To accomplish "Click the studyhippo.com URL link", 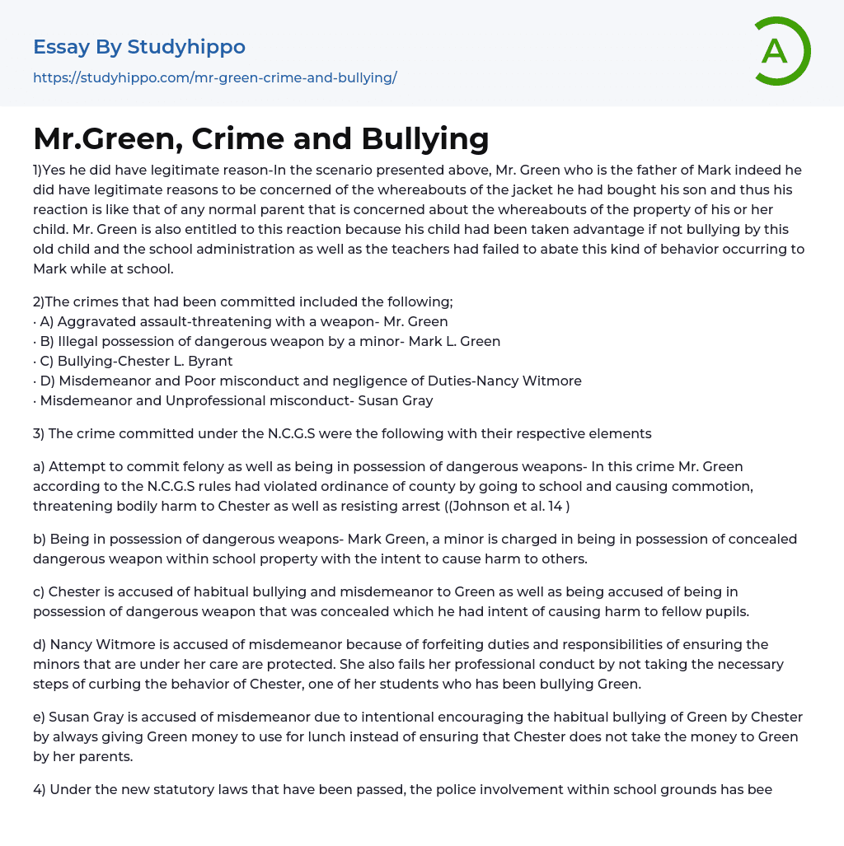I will (x=214, y=77).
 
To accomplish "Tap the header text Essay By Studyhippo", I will (x=138, y=47).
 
